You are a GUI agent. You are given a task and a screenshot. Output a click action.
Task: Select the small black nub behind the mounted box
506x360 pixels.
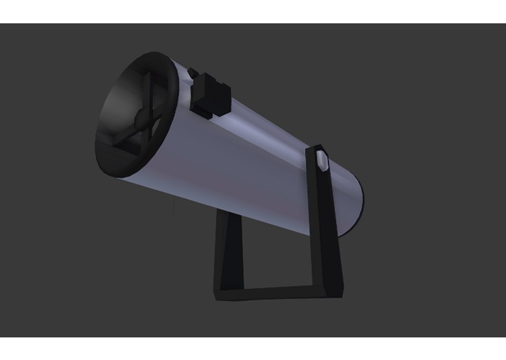[192, 73]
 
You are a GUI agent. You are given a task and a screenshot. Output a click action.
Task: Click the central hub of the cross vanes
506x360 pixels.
[138, 114]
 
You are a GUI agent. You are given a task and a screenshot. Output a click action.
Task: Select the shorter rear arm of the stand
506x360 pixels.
[226, 248]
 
